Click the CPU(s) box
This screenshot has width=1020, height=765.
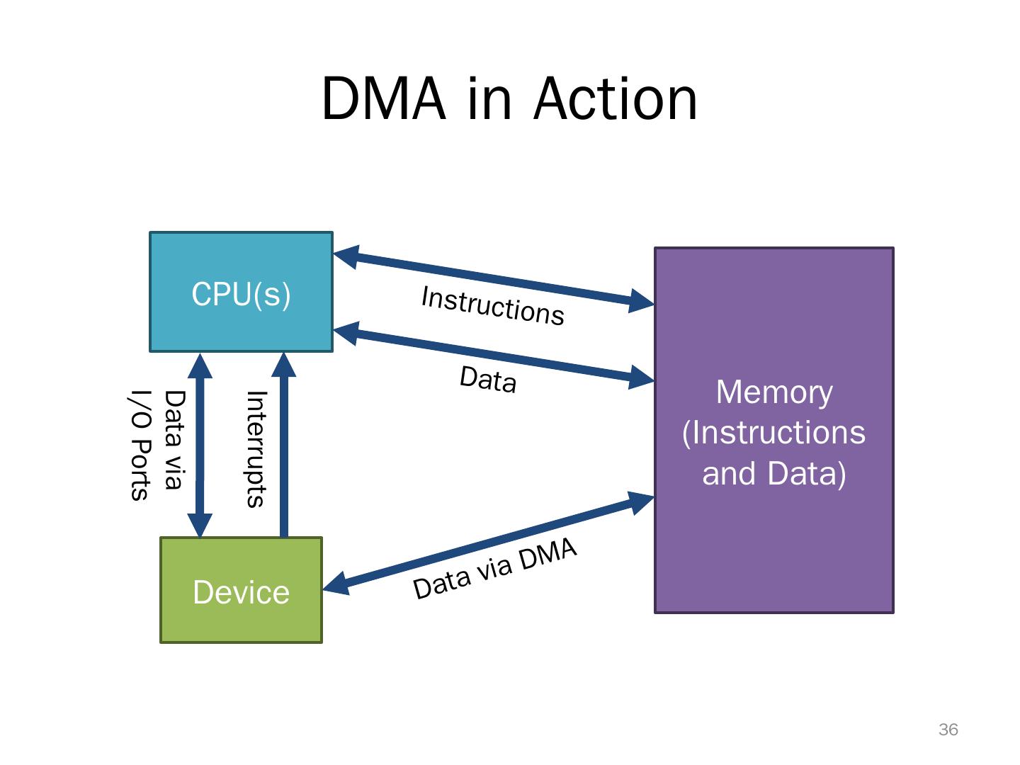(241, 292)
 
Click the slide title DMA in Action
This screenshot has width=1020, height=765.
(509, 99)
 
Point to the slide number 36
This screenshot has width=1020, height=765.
(948, 730)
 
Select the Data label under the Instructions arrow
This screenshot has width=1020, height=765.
(488, 379)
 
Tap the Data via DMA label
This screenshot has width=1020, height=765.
(494, 568)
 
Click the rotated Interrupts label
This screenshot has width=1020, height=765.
(255, 449)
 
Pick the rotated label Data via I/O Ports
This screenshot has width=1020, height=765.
(156, 445)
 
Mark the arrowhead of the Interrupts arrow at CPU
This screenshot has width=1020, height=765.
(284, 364)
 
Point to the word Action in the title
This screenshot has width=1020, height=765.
(616, 99)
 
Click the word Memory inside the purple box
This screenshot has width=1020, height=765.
(773, 392)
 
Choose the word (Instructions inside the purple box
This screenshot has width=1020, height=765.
(773, 432)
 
